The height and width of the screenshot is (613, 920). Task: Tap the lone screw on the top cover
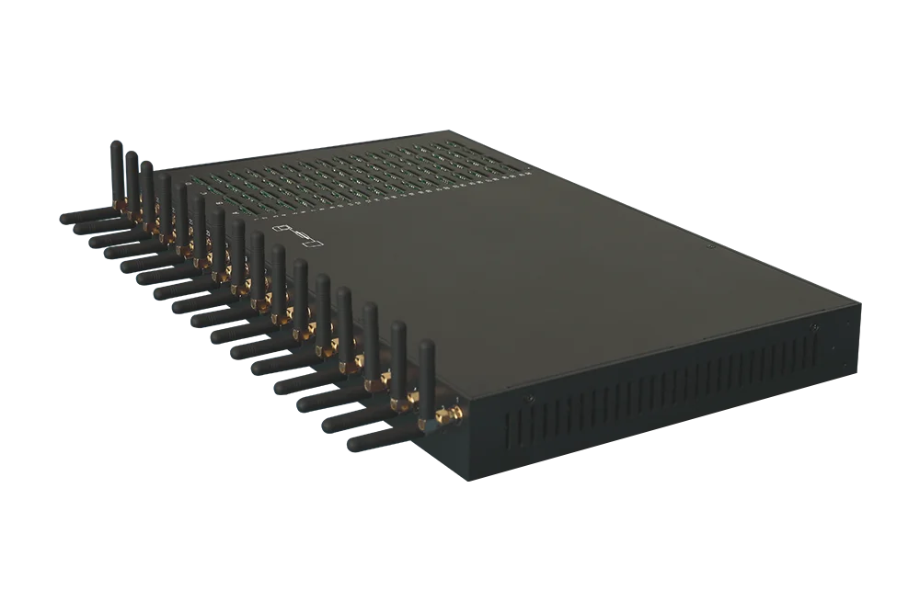709,246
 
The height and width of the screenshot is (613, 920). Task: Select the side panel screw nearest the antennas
528,400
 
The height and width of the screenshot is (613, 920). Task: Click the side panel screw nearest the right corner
812,328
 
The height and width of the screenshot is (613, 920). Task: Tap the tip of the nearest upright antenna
425,346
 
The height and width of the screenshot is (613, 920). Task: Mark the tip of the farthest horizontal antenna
65,220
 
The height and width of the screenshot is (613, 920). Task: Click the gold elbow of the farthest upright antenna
117,199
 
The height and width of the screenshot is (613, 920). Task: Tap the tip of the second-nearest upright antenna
398,326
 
